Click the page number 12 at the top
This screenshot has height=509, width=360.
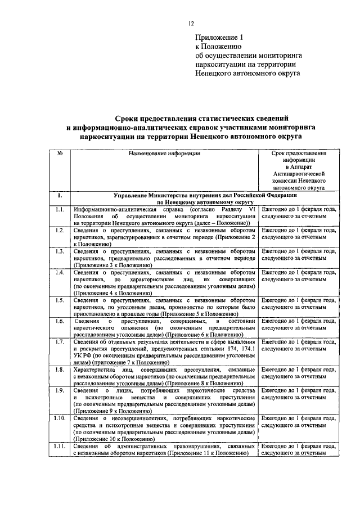(x=191, y=23)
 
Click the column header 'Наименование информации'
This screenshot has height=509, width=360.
(x=164, y=152)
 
